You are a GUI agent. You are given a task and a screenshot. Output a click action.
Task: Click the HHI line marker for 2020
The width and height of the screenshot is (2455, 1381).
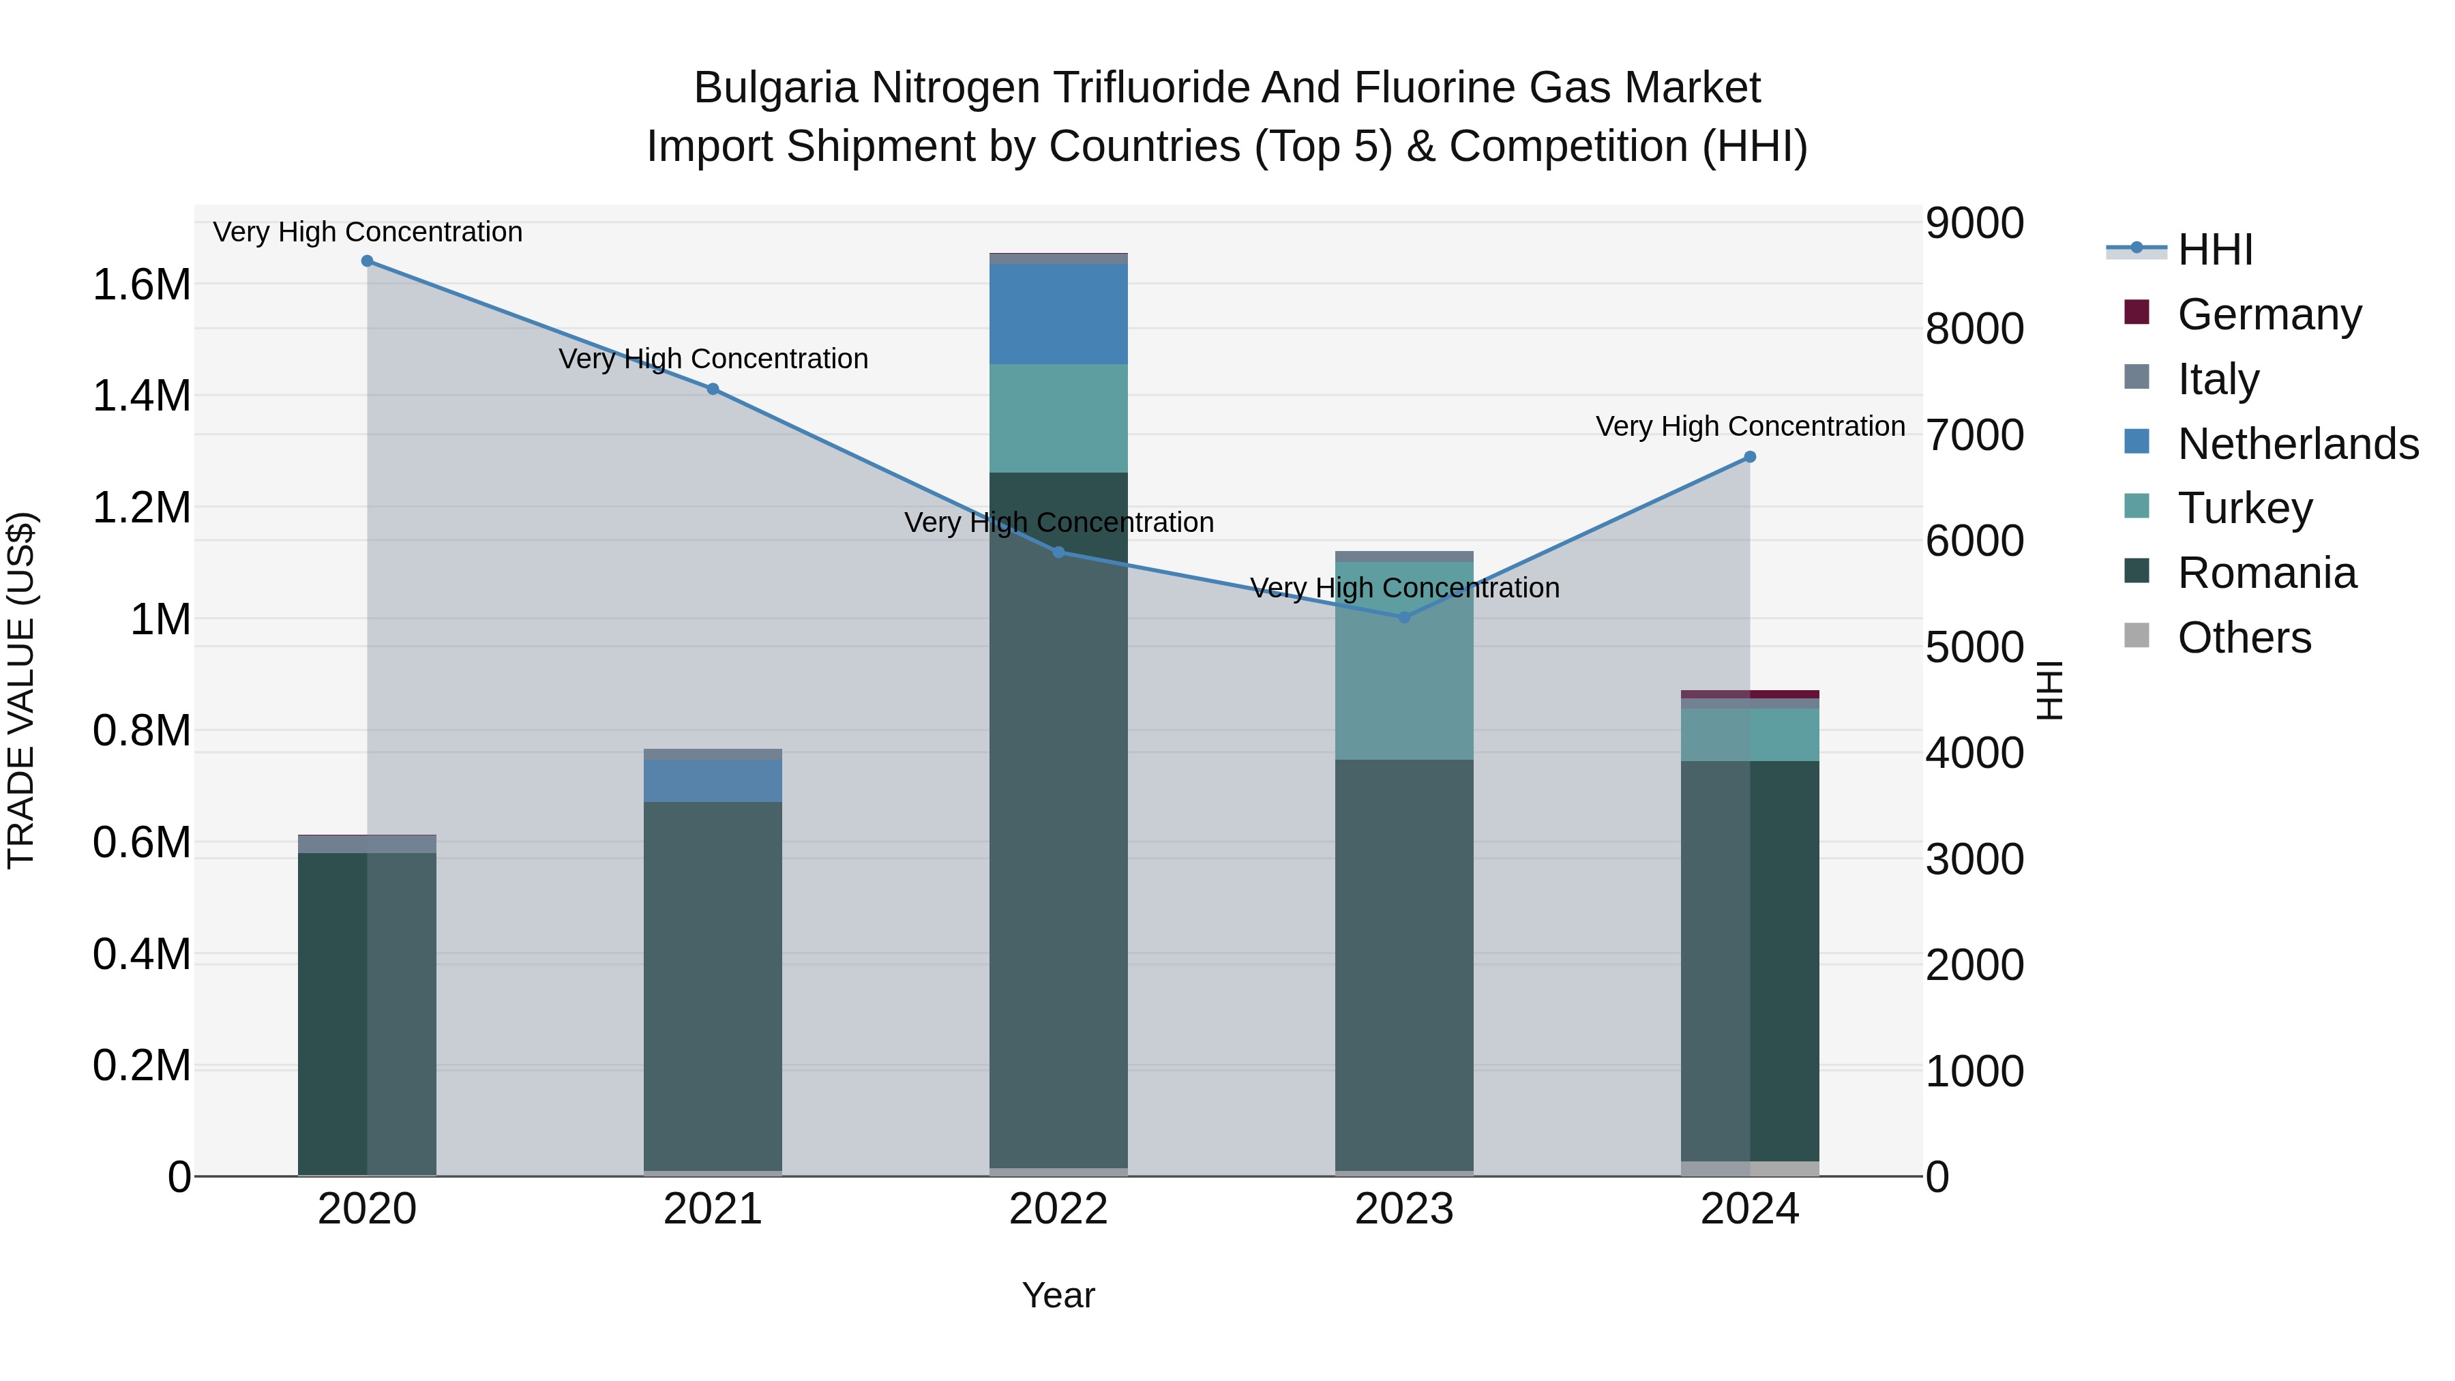[x=367, y=261]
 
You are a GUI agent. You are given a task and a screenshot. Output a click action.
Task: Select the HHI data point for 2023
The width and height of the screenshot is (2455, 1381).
[x=1404, y=618]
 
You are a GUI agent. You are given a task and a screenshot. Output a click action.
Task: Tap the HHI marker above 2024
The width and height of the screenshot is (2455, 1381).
[x=1750, y=458]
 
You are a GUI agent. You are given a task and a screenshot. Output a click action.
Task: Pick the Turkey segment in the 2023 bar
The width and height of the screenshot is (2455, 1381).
[x=1404, y=659]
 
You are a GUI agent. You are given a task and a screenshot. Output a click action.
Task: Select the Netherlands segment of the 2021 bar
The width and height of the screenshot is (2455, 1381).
[x=713, y=781]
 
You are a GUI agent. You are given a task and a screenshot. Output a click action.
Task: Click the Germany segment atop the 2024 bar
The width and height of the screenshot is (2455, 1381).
[x=1750, y=694]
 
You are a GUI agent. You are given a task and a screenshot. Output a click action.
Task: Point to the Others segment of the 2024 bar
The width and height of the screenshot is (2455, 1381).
[x=1750, y=1168]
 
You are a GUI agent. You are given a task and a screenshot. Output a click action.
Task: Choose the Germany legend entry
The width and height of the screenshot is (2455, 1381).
[x=2268, y=314]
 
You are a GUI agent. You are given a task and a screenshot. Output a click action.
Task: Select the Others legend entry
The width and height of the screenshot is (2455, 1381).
[x=2244, y=638]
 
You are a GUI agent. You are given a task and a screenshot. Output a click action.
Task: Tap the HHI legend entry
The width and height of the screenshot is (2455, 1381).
[x=2215, y=250]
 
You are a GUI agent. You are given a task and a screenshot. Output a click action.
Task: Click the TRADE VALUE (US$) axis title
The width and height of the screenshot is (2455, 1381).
[x=21, y=690]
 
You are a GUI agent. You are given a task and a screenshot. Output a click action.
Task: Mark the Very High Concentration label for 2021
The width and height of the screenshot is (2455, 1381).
[x=713, y=359]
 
